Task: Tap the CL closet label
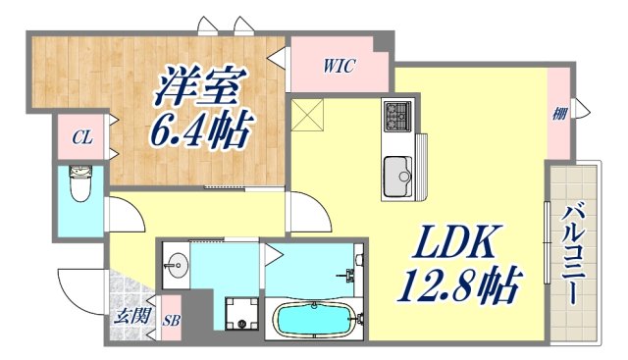tap(82, 138)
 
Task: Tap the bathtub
tap(314, 320)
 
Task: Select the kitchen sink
tap(398, 176)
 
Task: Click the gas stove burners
tap(398, 118)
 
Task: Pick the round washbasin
tap(177, 264)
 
